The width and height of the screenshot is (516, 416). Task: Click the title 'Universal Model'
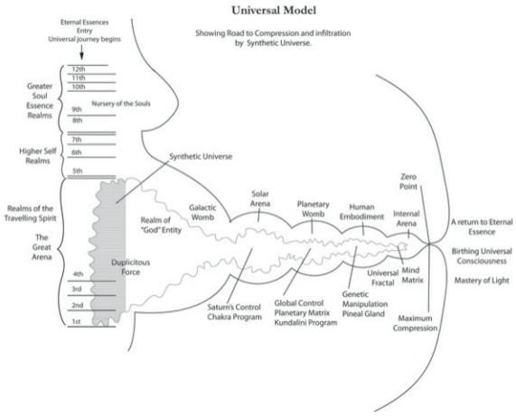[274, 10]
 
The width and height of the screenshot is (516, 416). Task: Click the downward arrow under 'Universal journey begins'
[81, 52]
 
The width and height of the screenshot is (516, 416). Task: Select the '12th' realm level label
[79, 69]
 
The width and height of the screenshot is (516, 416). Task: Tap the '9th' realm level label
[77, 109]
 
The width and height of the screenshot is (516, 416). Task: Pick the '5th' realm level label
[78, 171]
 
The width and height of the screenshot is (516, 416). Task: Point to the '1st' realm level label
[76, 321]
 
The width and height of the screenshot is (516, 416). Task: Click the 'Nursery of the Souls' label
[121, 104]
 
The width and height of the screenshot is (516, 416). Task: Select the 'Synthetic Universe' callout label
[201, 156]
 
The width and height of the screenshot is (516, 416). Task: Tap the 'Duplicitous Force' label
[131, 267]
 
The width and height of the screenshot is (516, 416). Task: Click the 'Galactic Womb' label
[202, 212]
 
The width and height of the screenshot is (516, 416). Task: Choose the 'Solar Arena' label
[260, 199]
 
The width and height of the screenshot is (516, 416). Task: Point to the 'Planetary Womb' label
[313, 209]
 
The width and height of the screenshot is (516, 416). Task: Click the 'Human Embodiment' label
[361, 212]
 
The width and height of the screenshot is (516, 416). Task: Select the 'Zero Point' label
[408, 181]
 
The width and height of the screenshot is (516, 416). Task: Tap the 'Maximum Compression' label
[415, 323]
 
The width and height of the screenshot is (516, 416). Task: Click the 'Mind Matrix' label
[412, 275]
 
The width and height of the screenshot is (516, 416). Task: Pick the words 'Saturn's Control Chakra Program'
[234, 312]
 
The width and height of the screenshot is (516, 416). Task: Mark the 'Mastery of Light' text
[482, 281]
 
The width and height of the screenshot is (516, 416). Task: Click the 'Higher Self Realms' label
[38, 156]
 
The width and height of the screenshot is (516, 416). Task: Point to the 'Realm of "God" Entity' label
[161, 225]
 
